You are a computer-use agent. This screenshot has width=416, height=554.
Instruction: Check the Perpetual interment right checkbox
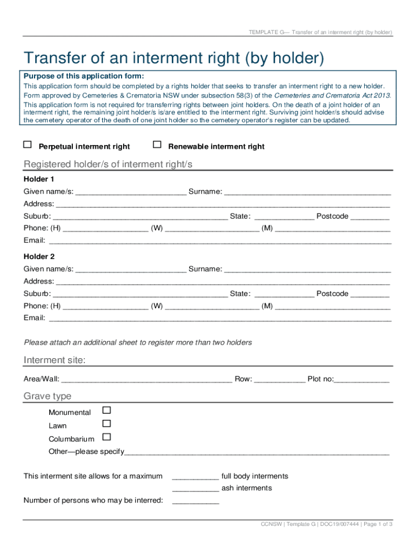click(27, 145)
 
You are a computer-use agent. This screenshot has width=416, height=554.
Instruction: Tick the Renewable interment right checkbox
click(157, 145)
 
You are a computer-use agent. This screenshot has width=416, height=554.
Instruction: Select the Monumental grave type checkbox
click(106, 411)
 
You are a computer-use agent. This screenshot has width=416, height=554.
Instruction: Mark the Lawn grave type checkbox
click(106, 424)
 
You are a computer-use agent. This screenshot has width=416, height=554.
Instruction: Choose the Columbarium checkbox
click(106, 437)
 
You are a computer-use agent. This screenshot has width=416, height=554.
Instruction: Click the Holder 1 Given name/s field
click(131, 192)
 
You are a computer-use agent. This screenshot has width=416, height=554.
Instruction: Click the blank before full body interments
click(195, 477)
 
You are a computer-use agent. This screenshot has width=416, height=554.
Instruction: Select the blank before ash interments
click(195, 489)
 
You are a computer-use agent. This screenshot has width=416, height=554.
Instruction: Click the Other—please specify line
click(257, 453)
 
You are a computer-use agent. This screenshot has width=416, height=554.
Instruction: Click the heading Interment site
click(55, 360)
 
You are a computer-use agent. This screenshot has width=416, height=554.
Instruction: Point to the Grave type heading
click(48, 396)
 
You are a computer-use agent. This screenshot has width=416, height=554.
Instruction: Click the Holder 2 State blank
click(284, 294)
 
